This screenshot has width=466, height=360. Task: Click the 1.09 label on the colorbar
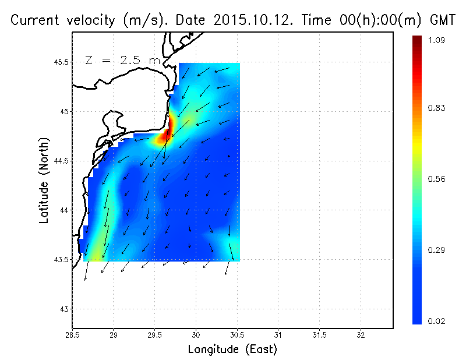[436, 41]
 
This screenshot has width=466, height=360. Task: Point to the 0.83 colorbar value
[436, 108]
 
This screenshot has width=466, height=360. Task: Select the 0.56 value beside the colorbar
[436, 179]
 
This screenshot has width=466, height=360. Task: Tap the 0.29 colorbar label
[436, 250]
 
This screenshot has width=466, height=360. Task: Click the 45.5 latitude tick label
[61, 62]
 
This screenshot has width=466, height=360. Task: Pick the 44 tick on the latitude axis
[65, 210]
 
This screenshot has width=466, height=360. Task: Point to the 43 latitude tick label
[65, 309]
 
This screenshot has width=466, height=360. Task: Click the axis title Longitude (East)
[232, 350]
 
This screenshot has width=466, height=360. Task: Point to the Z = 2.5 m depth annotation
[122, 60]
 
